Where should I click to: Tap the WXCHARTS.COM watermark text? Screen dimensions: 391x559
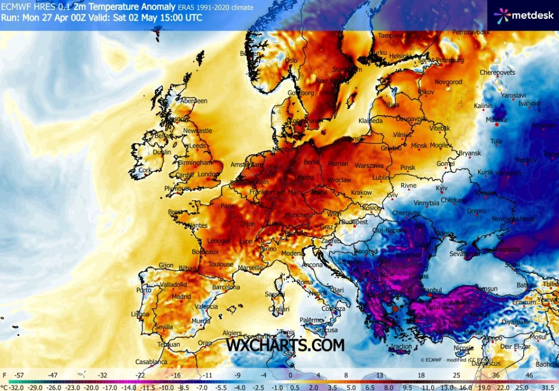[x=285, y=345]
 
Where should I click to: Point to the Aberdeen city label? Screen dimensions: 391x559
[x=194, y=101]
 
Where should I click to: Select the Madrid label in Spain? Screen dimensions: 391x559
[x=181, y=297]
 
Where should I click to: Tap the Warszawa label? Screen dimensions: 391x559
[x=369, y=165]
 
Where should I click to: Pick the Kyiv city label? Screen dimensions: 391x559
[x=442, y=188]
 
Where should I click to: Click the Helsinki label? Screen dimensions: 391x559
[x=400, y=56]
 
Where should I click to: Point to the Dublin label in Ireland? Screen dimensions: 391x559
[x=162, y=153]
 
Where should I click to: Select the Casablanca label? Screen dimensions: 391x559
[x=151, y=362]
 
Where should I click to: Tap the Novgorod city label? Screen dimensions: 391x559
[x=448, y=82]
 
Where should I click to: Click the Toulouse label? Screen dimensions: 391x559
[x=221, y=265]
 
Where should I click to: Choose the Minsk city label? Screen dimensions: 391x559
[x=419, y=145]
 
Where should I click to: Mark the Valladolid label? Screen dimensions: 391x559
[x=173, y=285]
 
